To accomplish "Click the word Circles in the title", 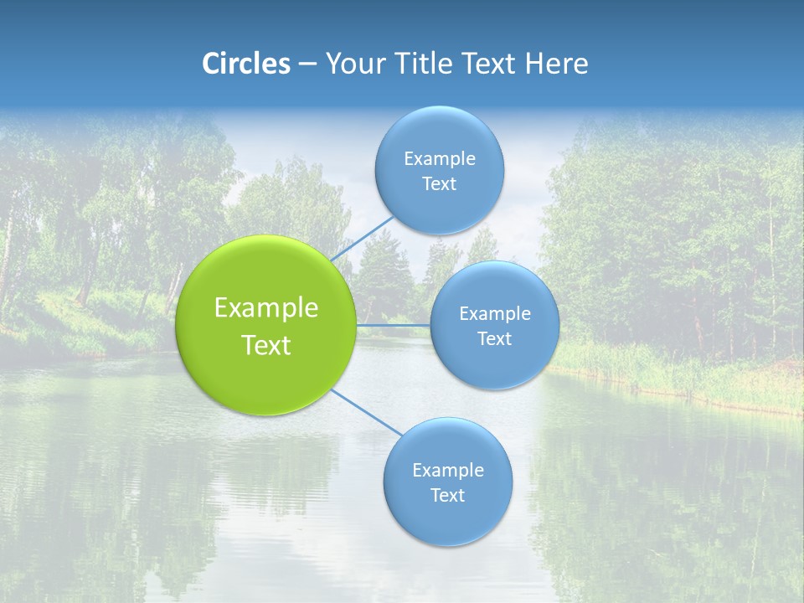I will click(246, 64).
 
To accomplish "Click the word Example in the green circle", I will click(266, 308).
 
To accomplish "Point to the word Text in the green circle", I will click(266, 345).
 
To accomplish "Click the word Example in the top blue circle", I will click(440, 159).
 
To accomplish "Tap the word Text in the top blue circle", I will click(439, 184).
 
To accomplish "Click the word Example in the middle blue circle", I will click(495, 314).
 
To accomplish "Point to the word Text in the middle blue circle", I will click(494, 339).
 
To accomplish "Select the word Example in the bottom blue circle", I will click(448, 471).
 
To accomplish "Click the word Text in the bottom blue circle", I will click(447, 496).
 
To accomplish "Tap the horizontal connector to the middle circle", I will click(394, 325).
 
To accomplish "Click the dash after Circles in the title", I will click(307, 64).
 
